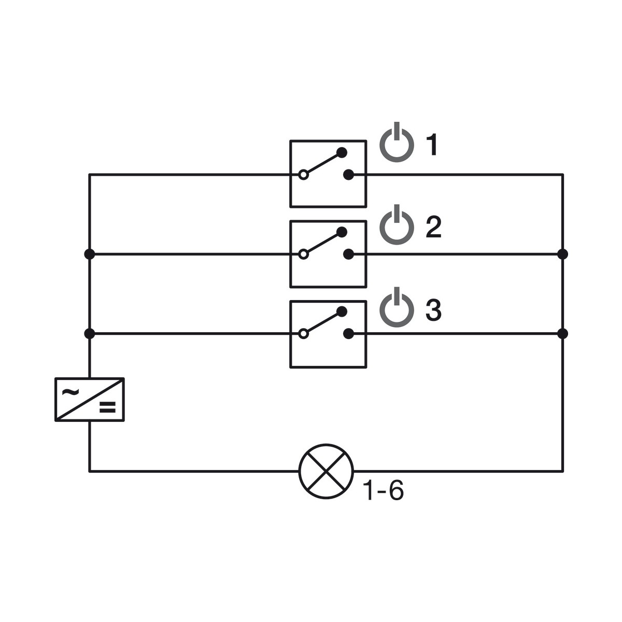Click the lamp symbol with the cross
point(326,471)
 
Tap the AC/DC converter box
point(89,399)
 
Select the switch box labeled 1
point(328,174)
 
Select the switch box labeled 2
point(328,254)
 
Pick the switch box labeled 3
point(328,334)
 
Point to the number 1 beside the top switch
point(432,145)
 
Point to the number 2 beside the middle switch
point(433,227)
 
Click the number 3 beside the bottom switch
point(433,309)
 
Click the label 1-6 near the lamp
point(383,490)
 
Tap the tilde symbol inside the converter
point(70,392)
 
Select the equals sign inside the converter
point(107,407)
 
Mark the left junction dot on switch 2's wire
point(89,255)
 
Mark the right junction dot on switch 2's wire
point(562,255)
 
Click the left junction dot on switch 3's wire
point(89,334)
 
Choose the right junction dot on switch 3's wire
point(562,334)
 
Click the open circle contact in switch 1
point(303,175)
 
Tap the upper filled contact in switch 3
point(342,312)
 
